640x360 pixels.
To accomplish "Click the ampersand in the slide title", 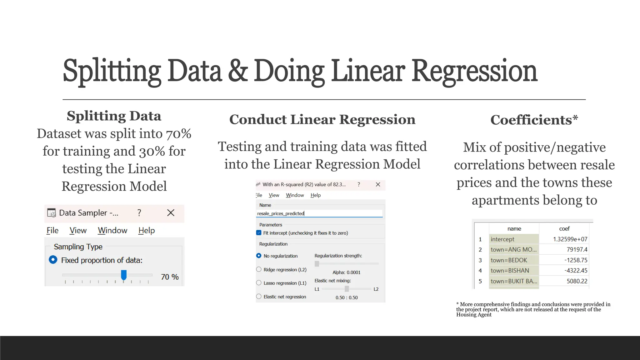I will (238, 71).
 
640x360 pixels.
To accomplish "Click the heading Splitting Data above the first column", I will (114, 116).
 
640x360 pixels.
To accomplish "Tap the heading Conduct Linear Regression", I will (322, 119).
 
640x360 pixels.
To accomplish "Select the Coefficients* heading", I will (534, 120).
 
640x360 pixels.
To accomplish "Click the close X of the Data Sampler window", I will (171, 213).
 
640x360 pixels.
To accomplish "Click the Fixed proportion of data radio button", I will (53, 260).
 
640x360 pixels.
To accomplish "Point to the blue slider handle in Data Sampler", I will (124, 275).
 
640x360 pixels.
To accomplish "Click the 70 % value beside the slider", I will (170, 277).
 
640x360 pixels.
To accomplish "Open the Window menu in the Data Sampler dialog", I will (112, 231).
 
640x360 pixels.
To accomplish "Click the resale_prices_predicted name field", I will (319, 213).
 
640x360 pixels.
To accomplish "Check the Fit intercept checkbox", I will (259, 233).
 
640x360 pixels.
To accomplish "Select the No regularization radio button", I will (259, 256).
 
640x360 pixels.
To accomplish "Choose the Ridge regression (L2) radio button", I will (259, 269).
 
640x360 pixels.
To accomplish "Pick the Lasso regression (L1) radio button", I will (259, 283).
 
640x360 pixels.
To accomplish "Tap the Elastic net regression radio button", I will (259, 297).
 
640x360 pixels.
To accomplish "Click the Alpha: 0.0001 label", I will (346, 272).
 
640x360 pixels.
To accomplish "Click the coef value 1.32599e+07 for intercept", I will (570, 239).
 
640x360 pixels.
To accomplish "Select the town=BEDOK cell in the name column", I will (509, 260).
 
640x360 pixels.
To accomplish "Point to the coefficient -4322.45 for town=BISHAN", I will (576, 271).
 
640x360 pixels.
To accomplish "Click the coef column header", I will (564, 229).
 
